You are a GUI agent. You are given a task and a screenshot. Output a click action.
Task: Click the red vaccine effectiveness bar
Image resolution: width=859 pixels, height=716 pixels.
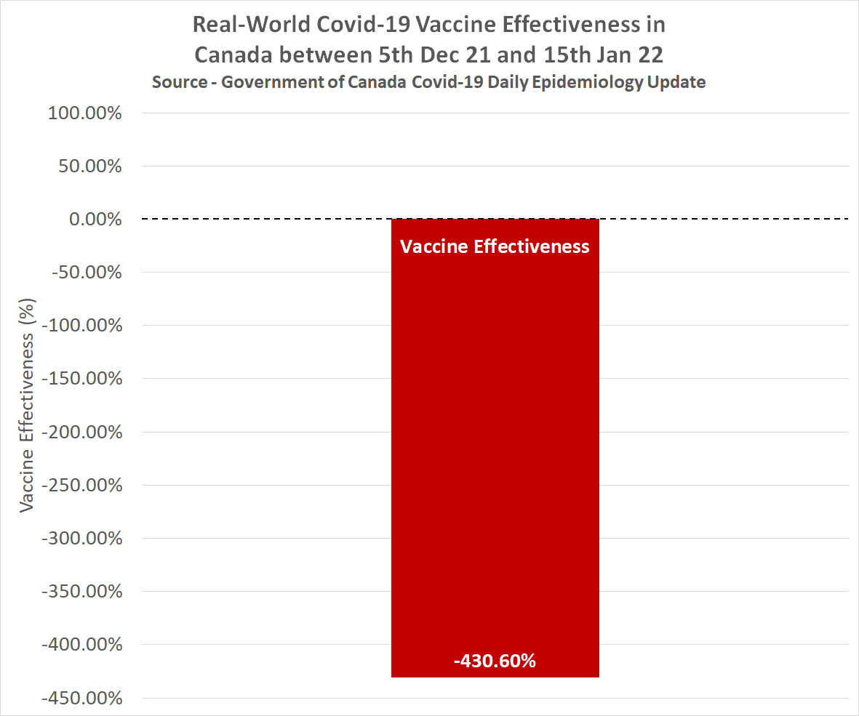click(495, 451)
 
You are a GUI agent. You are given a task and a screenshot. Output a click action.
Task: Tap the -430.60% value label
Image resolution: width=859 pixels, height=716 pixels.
click(495, 661)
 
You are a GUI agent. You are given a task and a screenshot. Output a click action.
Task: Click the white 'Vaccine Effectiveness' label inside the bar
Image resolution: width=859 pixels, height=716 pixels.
click(495, 246)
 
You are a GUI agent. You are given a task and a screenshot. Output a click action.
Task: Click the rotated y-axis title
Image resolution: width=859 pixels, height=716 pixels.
click(28, 403)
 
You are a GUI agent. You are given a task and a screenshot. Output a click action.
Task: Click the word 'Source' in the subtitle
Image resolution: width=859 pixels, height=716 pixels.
click(179, 81)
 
